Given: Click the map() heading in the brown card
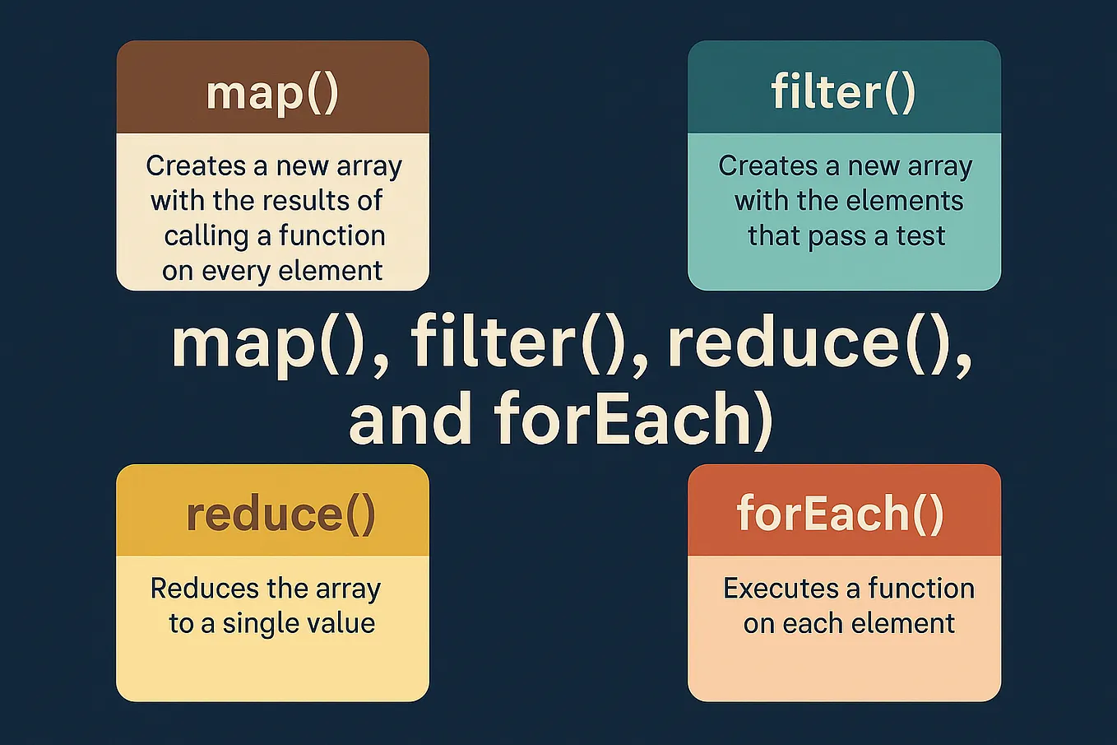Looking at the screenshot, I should click(272, 92).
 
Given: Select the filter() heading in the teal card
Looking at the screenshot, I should click(843, 91).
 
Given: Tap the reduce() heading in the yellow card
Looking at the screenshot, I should click(280, 514).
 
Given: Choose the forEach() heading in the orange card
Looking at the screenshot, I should click(840, 514).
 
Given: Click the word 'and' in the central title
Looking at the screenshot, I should click(410, 418).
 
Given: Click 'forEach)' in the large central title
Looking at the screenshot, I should click(633, 418).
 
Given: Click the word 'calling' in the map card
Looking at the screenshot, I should click(206, 236).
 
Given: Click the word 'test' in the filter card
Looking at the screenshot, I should click(920, 236).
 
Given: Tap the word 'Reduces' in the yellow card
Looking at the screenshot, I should click(205, 589).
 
